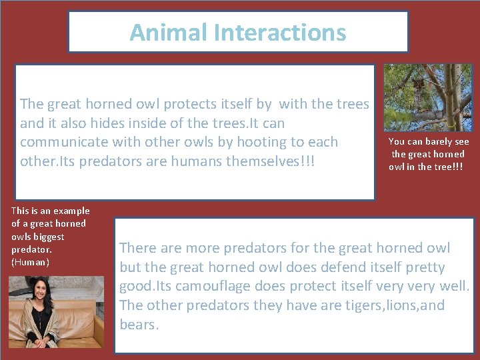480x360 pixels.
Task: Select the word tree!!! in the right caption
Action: tap(448, 167)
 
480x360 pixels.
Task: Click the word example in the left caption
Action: tap(72, 211)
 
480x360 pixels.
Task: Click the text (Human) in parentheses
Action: tap(31, 262)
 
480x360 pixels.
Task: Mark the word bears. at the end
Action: tap(139, 325)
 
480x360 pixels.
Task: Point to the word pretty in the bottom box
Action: tap(421, 267)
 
